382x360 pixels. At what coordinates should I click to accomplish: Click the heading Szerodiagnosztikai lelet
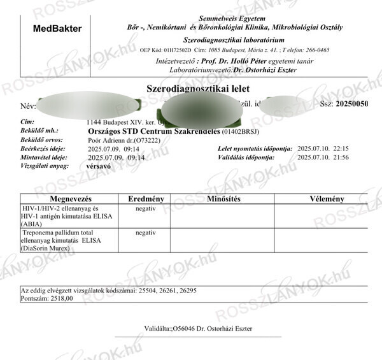198,89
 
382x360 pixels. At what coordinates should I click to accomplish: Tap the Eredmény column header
146,199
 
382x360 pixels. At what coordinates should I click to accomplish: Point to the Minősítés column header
223,199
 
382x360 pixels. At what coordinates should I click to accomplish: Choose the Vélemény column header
327,199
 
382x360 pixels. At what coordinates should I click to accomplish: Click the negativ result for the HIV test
146,208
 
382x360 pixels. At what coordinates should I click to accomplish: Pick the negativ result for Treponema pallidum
146,233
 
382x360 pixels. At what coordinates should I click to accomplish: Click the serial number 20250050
352,103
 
